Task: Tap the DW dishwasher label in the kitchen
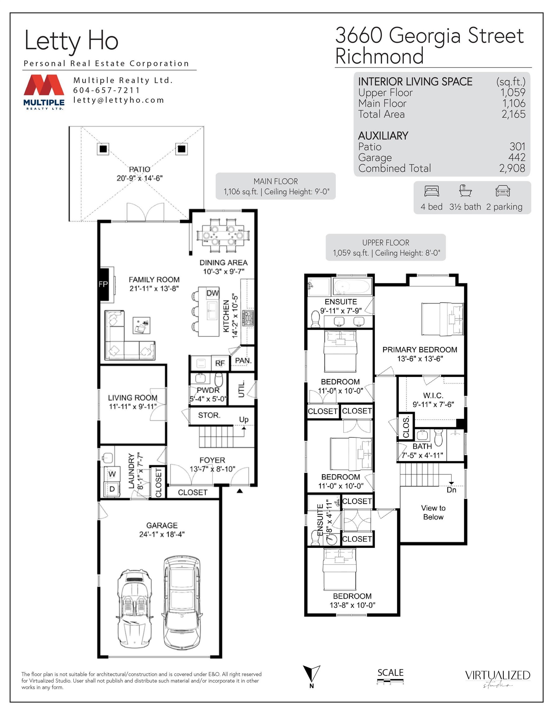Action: (x=213, y=293)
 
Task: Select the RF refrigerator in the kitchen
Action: (x=220, y=363)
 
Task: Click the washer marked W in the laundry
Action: (x=112, y=474)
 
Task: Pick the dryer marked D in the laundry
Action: (x=112, y=489)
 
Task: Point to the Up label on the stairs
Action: (x=244, y=419)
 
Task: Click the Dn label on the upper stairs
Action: (x=451, y=490)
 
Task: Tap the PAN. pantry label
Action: (x=243, y=360)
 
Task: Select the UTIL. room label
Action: (x=242, y=389)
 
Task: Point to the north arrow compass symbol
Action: (x=311, y=674)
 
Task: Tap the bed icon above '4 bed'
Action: (x=432, y=191)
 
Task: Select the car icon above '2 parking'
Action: (x=503, y=191)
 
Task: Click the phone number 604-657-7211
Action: (x=107, y=90)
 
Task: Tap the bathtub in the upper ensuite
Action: (x=352, y=286)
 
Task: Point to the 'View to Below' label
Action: (x=433, y=512)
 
